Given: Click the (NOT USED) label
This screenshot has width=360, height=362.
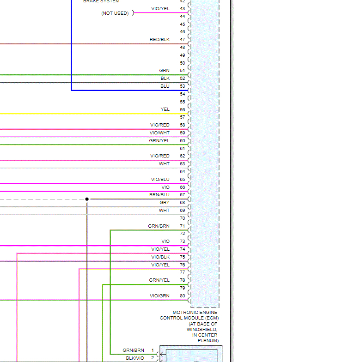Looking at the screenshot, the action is pyautogui.click(x=115, y=13).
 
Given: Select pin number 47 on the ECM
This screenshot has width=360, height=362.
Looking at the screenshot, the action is pyautogui.click(x=183, y=40).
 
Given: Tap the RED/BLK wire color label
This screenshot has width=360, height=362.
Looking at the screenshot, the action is pyautogui.click(x=159, y=40).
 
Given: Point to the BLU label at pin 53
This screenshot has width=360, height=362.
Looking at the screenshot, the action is pyautogui.click(x=165, y=86).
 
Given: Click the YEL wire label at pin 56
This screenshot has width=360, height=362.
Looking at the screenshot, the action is pyautogui.click(x=165, y=109).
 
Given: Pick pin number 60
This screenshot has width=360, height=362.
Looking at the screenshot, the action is pyautogui.click(x=183, y=140).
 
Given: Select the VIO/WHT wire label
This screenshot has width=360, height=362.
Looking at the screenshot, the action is pyautogui.click(x=159, y=133).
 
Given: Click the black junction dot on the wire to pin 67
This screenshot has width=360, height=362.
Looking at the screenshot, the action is pyautogui.click(x=87, y=199).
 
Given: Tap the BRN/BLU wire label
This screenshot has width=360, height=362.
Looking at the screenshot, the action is pyautogui.click(x=159, y=195).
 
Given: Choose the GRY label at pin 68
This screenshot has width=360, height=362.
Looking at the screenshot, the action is pyautogui.click(x=165, y=203).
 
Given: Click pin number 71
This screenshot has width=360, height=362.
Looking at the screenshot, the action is pyautogui.click(x=183, y=226).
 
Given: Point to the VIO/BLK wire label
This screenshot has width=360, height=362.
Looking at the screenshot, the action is pyautogui.click(x=160, y=257).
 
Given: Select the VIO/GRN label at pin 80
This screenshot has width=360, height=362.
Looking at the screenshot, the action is pyautogui.click(x=159, y=296).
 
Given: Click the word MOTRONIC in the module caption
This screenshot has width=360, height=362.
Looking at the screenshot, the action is pyautogui.click(x=184, y=313).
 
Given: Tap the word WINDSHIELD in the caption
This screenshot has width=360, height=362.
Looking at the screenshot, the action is pyautogui.click(x=201, y=330).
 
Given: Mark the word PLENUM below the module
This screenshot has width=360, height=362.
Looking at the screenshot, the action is pyautogui.click(x=208, y=341).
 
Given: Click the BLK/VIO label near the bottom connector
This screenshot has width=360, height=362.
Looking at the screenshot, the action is pyautogui.click(x=135, y=358).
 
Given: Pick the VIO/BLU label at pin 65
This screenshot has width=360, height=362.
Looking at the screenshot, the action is pyautogui.click(x=160, y=179).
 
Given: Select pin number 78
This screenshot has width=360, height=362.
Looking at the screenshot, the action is pyautogui.click(x=183, y=280).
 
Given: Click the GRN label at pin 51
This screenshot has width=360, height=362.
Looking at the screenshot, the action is pyautogui.click(x=165, y=71).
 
